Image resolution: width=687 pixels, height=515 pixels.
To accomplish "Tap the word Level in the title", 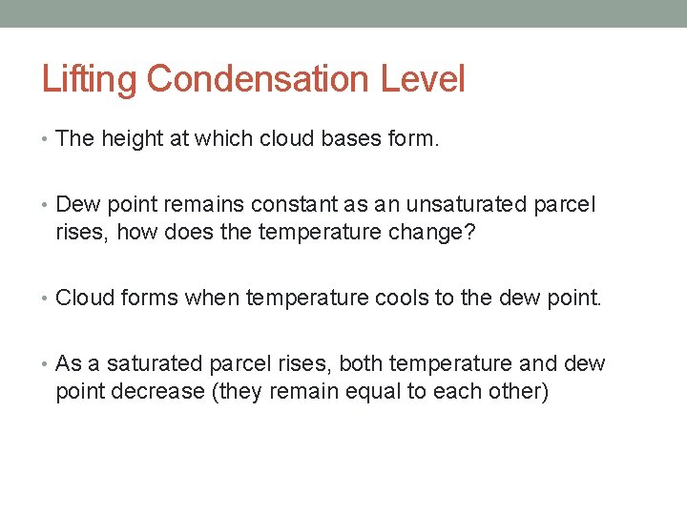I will coord(423,79).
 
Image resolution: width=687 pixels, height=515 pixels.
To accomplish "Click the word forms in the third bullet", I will coord(148,299).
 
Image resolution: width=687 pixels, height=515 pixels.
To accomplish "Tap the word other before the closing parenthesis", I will coord(515,390).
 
